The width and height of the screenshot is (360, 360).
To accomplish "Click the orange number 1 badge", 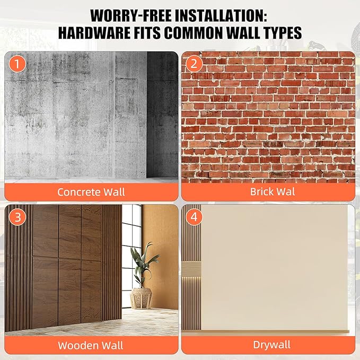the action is pyautogui.click(x=17, y=64).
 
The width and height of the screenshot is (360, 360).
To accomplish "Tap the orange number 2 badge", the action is pyautogui.click(x=194, y=64).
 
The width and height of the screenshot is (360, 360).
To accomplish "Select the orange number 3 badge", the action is pyautogui.click(x=17, y=217).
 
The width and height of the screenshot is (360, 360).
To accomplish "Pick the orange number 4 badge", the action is pyautogui.click(x=194, y=217).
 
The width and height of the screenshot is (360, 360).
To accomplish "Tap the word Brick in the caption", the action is pyautogui.click(x=261, y=191).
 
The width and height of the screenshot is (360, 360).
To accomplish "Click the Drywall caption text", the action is pyautogui.click(x=272, y=345).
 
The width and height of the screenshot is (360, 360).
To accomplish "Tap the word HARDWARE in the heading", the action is pyautogui.click(x=94, y=32).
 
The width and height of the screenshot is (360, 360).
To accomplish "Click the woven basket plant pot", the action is pyautogui.click(x=141, y=298).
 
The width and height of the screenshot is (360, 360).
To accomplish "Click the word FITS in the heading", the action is pyautogui.click(x=147, y=32).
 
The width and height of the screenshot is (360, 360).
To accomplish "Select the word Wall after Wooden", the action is pyautogui.click(x=112, y=346).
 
